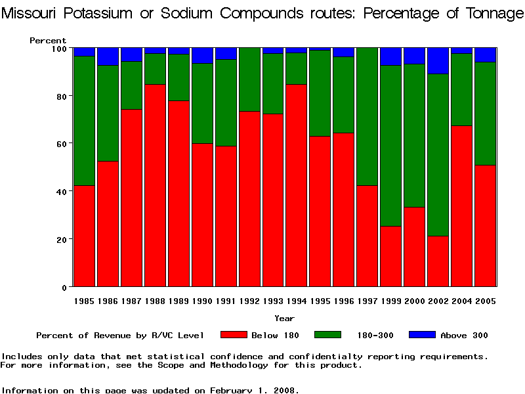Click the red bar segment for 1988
[156, 185]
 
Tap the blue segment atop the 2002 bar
[438, 60]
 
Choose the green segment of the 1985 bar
[85, 121]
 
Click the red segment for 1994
[297, 185]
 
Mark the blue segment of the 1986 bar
[108, 56]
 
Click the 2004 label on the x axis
[462, 301]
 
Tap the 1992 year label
[249, 301]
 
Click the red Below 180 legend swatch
[234, 335]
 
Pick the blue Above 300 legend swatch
[422, 335]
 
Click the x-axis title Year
[284, 318]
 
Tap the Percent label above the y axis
[48, 41]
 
